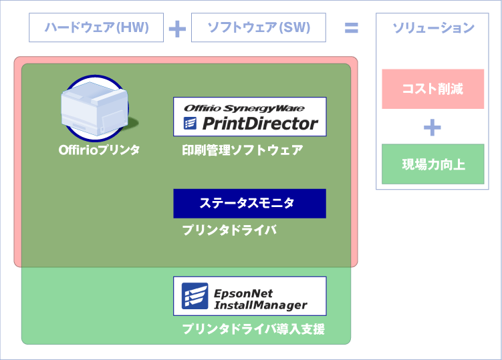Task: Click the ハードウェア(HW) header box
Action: point(96,28)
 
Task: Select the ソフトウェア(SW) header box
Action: point(258,28)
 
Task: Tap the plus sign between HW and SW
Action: point(177,29)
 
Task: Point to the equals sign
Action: point(351,28)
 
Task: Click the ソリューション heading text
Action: point(432,28)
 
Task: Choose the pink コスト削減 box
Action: point(432,89)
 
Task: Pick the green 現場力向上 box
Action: point(432,164)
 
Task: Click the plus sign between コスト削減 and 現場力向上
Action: point(432,127)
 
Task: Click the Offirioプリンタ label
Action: point(99,150)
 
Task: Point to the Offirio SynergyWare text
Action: point(244,107)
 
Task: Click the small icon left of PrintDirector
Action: point(190,124)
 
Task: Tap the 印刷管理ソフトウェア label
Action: point(242,150)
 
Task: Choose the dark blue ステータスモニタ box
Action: point(249,203)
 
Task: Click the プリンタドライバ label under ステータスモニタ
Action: point(229,230)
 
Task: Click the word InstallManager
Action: point(260,305)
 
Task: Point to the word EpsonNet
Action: point(243,293)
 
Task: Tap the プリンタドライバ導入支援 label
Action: point(253,329)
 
